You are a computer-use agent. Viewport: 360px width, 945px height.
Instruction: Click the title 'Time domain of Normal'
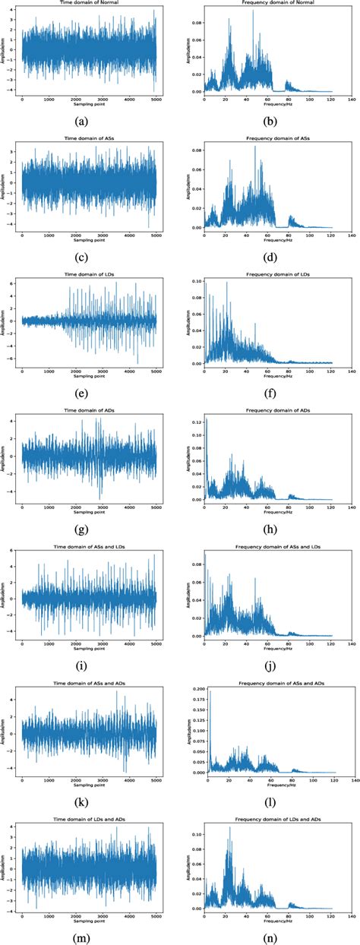[x=89, y=5]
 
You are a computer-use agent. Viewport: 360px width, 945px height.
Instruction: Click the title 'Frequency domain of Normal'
[x=270, y=5]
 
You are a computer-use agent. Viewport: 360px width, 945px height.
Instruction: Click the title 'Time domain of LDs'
[x=89, y=275]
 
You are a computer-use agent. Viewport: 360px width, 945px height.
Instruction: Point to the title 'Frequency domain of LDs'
[x=270, y=275]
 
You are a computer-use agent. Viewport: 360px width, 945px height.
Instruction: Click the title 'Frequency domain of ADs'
[x=270, y=411]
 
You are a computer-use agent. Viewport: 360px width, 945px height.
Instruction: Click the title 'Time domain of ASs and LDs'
[x=89, y=547]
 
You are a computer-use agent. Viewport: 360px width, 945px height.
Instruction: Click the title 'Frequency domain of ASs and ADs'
[x=270, y=683]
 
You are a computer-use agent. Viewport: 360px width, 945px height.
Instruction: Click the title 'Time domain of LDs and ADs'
[x=89, y=819]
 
